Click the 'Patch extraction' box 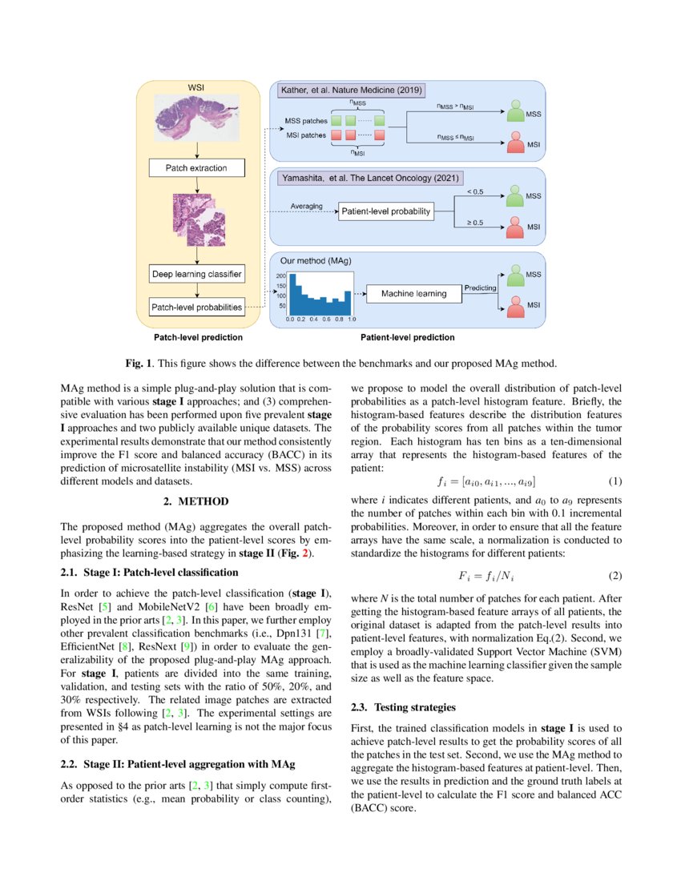(196, 168)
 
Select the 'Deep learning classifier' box (196, 274)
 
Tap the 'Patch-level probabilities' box (196, 306)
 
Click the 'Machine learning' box (414, 294)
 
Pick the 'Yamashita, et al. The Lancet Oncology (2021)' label (371, 178)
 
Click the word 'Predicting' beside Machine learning (480, 288)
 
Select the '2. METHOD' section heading (196, 501)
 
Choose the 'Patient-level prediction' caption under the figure (407, 338)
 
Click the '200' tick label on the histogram (281, 276)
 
